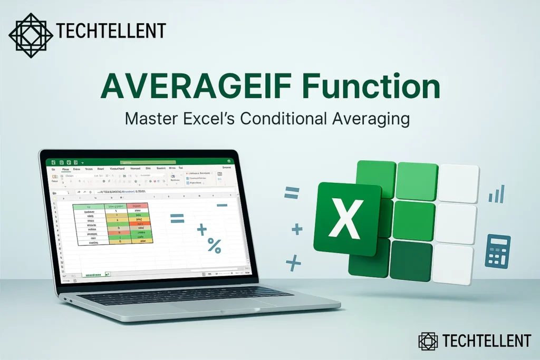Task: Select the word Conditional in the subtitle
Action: [294, 119]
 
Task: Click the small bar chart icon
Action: [497, 194]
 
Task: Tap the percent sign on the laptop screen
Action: [214, 245]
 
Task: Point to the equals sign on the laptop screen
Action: [177, 218]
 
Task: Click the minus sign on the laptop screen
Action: [222, 205]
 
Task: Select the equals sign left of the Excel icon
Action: [292, 193]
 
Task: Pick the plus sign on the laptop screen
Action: [201, 230]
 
